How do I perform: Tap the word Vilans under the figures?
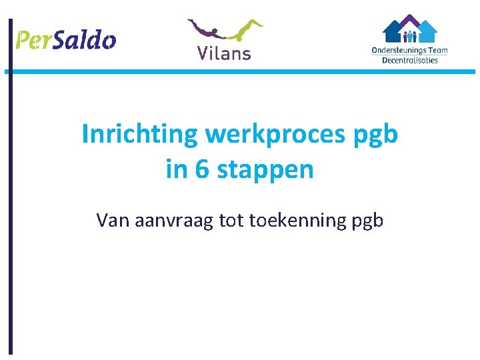pyautogui.click(x=224, y=52)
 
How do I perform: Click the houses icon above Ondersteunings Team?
pyautogui.click(x=409, y=29)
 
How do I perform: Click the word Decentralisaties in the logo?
pyautogui.click(x=409, y=60)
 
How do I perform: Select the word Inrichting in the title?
pyautogui.click(x=140, y=135)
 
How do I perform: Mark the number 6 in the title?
pyautogui.click(x=202, y=169)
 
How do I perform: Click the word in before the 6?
pyautogui.click(x=177, y=169)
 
